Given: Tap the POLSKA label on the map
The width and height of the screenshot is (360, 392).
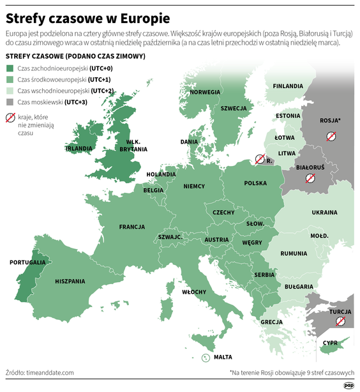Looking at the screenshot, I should (255, 183).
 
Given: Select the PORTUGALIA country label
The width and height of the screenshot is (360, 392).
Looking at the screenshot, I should (27, 262).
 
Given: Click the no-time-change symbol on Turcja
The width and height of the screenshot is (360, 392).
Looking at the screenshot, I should (341, 321).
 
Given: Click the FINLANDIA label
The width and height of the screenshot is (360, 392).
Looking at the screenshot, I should (288, 86).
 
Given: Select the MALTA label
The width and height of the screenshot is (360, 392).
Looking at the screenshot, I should (223, 357).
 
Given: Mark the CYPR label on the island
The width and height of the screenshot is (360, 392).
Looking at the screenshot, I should (330, 342).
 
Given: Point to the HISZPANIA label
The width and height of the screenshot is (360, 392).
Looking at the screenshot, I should (70, 281).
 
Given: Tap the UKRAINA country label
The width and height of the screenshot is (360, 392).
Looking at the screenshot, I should (324, 212).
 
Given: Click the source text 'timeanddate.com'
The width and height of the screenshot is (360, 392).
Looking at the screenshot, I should (50, 372).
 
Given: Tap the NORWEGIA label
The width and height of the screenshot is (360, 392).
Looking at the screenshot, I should (205, 92).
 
